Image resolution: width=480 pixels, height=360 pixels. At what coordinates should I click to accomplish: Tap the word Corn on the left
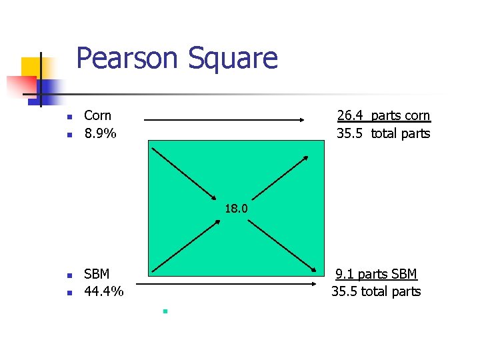click(97, 116)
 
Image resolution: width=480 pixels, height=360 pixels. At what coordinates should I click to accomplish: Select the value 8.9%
click(100, 133)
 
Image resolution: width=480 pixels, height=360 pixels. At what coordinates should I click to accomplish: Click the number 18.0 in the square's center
click(236, 209)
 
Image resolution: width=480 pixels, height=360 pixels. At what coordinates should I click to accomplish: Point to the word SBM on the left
click(97, 274)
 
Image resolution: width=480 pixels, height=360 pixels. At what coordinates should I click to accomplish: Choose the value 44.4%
click(103, 291)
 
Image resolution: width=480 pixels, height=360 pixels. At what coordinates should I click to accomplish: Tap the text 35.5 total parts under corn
click(383, 133)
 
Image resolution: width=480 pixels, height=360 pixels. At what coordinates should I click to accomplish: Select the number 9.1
click(345, 274)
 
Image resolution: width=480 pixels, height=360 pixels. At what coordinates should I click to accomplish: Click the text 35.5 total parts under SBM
click(376, 291)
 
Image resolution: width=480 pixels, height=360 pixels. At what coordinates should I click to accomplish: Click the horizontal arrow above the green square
click(224, 121)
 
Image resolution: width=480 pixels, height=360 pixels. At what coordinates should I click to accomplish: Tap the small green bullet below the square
click(163, 311)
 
